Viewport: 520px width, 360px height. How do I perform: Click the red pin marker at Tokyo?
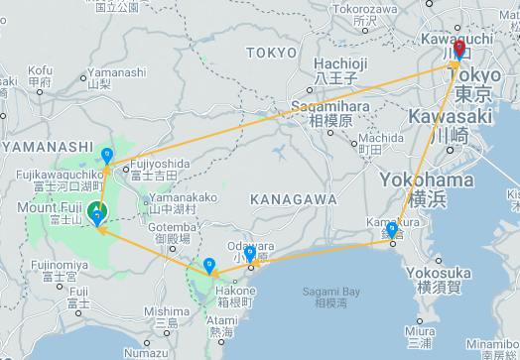pyautogui.click(x=458, y=49)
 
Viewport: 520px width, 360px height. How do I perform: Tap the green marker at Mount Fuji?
pyautogui.click(x=97, y=211)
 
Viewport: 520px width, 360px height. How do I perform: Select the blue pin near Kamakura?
pyautogui.click(x=392, y=231)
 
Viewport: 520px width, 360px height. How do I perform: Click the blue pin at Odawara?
pyautogui.click(x=250, y=253)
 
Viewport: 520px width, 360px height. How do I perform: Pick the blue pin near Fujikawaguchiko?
pyautogui.click(x=107, y=155)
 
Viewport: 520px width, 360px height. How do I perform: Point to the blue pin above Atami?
pyautogui.click(x=208, y=266)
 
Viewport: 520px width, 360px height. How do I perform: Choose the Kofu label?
pyautogui.click(x=41, y=70)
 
